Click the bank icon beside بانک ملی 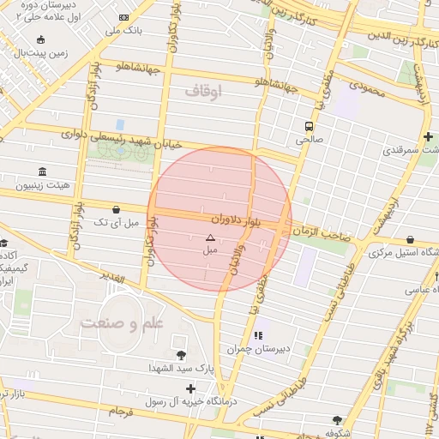[x=124, y=17]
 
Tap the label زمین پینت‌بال [x=51, y=53]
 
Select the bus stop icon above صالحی [x=308, y=123]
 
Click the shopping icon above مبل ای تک [x=116, y=208]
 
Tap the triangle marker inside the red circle [x=210, y=237]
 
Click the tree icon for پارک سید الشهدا [x=180, y=354]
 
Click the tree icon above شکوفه [x=337, y=420]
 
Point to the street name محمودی [x=358, y=87]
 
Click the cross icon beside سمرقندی [x=427, y=137]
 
